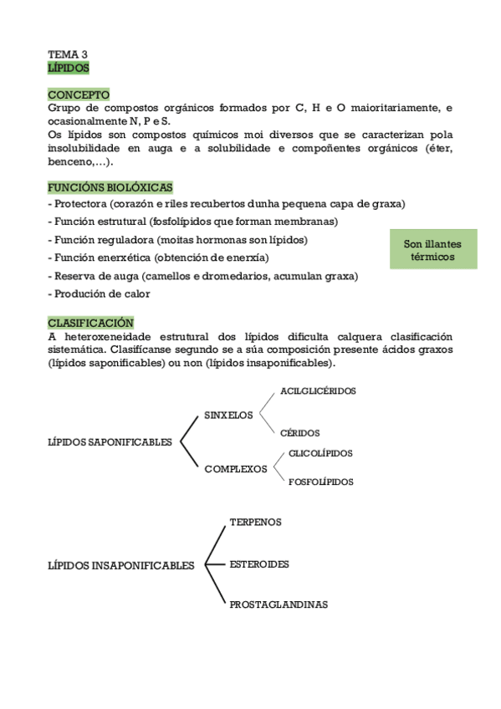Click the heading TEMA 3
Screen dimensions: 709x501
pyautogui.click(x=68, y=54)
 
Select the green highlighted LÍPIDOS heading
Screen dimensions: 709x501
pyautogui.click(x=69, y=67)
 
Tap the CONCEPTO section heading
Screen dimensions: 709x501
pyautogui.click(x=79, y=94)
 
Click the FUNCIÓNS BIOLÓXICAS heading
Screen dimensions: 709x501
pyautogui.click(x=110, y=188)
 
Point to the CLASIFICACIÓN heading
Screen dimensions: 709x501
pyautogui.click(x=90, y=322)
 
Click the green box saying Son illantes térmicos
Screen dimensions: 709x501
pyautogui.click(x=432, y=250)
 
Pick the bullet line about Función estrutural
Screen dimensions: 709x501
pyautogui.click(x=193, y=222)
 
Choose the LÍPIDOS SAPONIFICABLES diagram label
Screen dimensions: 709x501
pyautogui.click(x=110, y=442)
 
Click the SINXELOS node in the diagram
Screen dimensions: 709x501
pyautogui.click(x=228, y=416)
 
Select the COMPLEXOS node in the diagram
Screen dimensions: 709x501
pyautogui.click(x=236, y=469)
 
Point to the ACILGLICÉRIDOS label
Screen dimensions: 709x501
pyautogui.click(x=318, y=390)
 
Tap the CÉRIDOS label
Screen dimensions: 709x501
pyautogui.click(x=300, y=433)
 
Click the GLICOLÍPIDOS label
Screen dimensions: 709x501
pyautogui.click(x=320, y=453)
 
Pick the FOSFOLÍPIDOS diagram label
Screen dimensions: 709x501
pyautogui.click(x=320, y=482)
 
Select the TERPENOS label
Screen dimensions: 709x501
pyautogui.click(x=255, y=522)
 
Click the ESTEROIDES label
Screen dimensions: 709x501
pyautogui.click(x=259, y=564)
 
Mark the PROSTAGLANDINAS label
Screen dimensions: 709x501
pyautogui.click(x=279, y=604)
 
